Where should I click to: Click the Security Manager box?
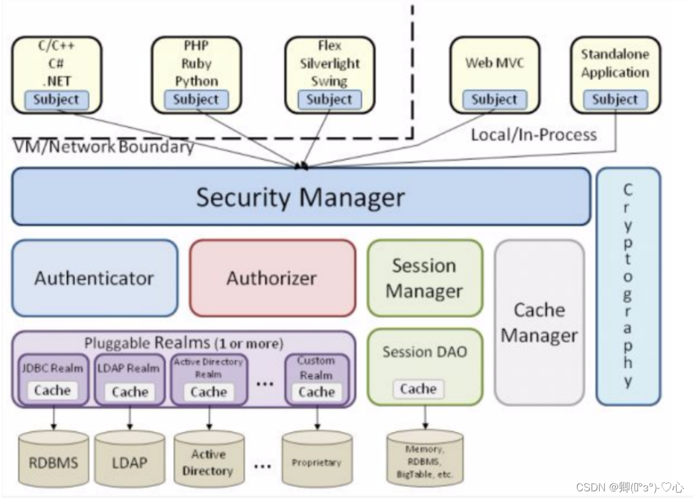(301, 197)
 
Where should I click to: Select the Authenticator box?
(95, 278)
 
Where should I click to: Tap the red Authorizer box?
(272, 278)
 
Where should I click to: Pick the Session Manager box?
(424, 278)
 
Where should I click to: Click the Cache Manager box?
(539, 322)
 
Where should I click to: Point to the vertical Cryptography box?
(627, 286)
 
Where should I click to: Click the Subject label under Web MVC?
(494, 100)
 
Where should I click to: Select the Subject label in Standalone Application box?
(615, 100)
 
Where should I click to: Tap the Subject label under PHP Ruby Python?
(196, 100)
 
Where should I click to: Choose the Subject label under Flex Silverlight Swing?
(329, 100)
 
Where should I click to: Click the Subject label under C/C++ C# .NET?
(57, 100)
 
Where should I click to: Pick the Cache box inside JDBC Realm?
(53, 391)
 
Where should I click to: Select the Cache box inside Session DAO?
(418, 389)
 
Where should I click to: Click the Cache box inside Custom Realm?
(317, 392)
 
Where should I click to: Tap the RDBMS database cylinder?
(53, 461)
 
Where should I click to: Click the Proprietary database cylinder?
(317, 461)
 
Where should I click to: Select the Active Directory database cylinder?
(208, 462)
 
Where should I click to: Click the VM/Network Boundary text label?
(103, 147)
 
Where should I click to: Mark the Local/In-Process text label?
(533, 135)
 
